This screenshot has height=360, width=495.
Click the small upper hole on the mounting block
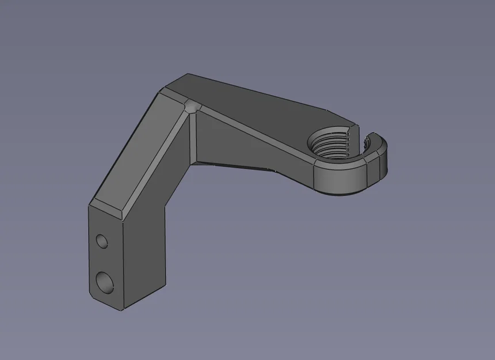tap(102, 240)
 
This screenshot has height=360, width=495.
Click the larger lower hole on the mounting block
tap(104, 281)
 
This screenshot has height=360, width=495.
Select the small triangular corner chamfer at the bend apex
tap(191, 107)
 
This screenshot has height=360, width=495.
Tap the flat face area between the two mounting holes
tap(104, 260)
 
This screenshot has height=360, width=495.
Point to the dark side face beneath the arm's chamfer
tap(247, 153)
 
